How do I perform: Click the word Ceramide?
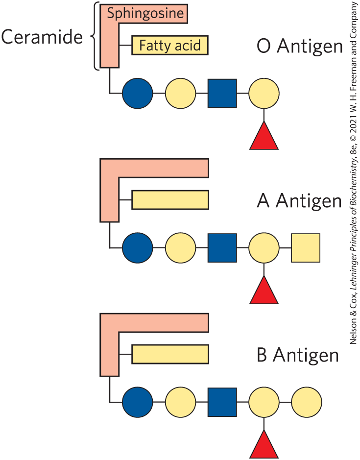[42, 37]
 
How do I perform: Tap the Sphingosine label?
[145, 13]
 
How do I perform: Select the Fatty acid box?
[170, 46]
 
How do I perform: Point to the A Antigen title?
[299, 201]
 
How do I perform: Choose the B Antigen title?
[298, 355]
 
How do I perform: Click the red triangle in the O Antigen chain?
[264, 136]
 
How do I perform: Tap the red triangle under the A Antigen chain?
[264, 291]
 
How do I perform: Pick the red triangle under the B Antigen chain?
[264, 445]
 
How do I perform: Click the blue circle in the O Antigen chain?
[138, 93]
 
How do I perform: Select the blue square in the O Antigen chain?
[222, 93]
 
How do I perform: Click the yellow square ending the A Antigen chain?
[306, 248]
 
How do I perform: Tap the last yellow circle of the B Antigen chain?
[307, 402]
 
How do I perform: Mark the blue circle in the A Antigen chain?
[138, 248]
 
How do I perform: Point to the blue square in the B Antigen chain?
[222, 402]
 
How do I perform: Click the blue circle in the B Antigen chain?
[138, 402]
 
